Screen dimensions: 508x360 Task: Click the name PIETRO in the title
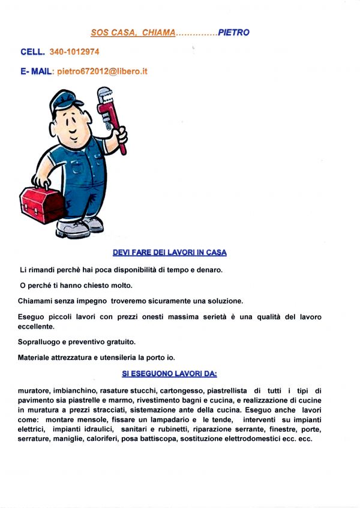pos(233,32)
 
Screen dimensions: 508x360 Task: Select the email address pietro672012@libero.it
pos(103,71)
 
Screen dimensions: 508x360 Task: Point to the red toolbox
pos(43,204)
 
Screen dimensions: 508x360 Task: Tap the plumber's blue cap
pos(64,101)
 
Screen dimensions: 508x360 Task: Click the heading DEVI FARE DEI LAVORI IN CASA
pos(170,253)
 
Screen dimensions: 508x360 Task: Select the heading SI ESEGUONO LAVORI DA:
pos(169,374)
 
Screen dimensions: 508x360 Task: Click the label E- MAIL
pos(37,71)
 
